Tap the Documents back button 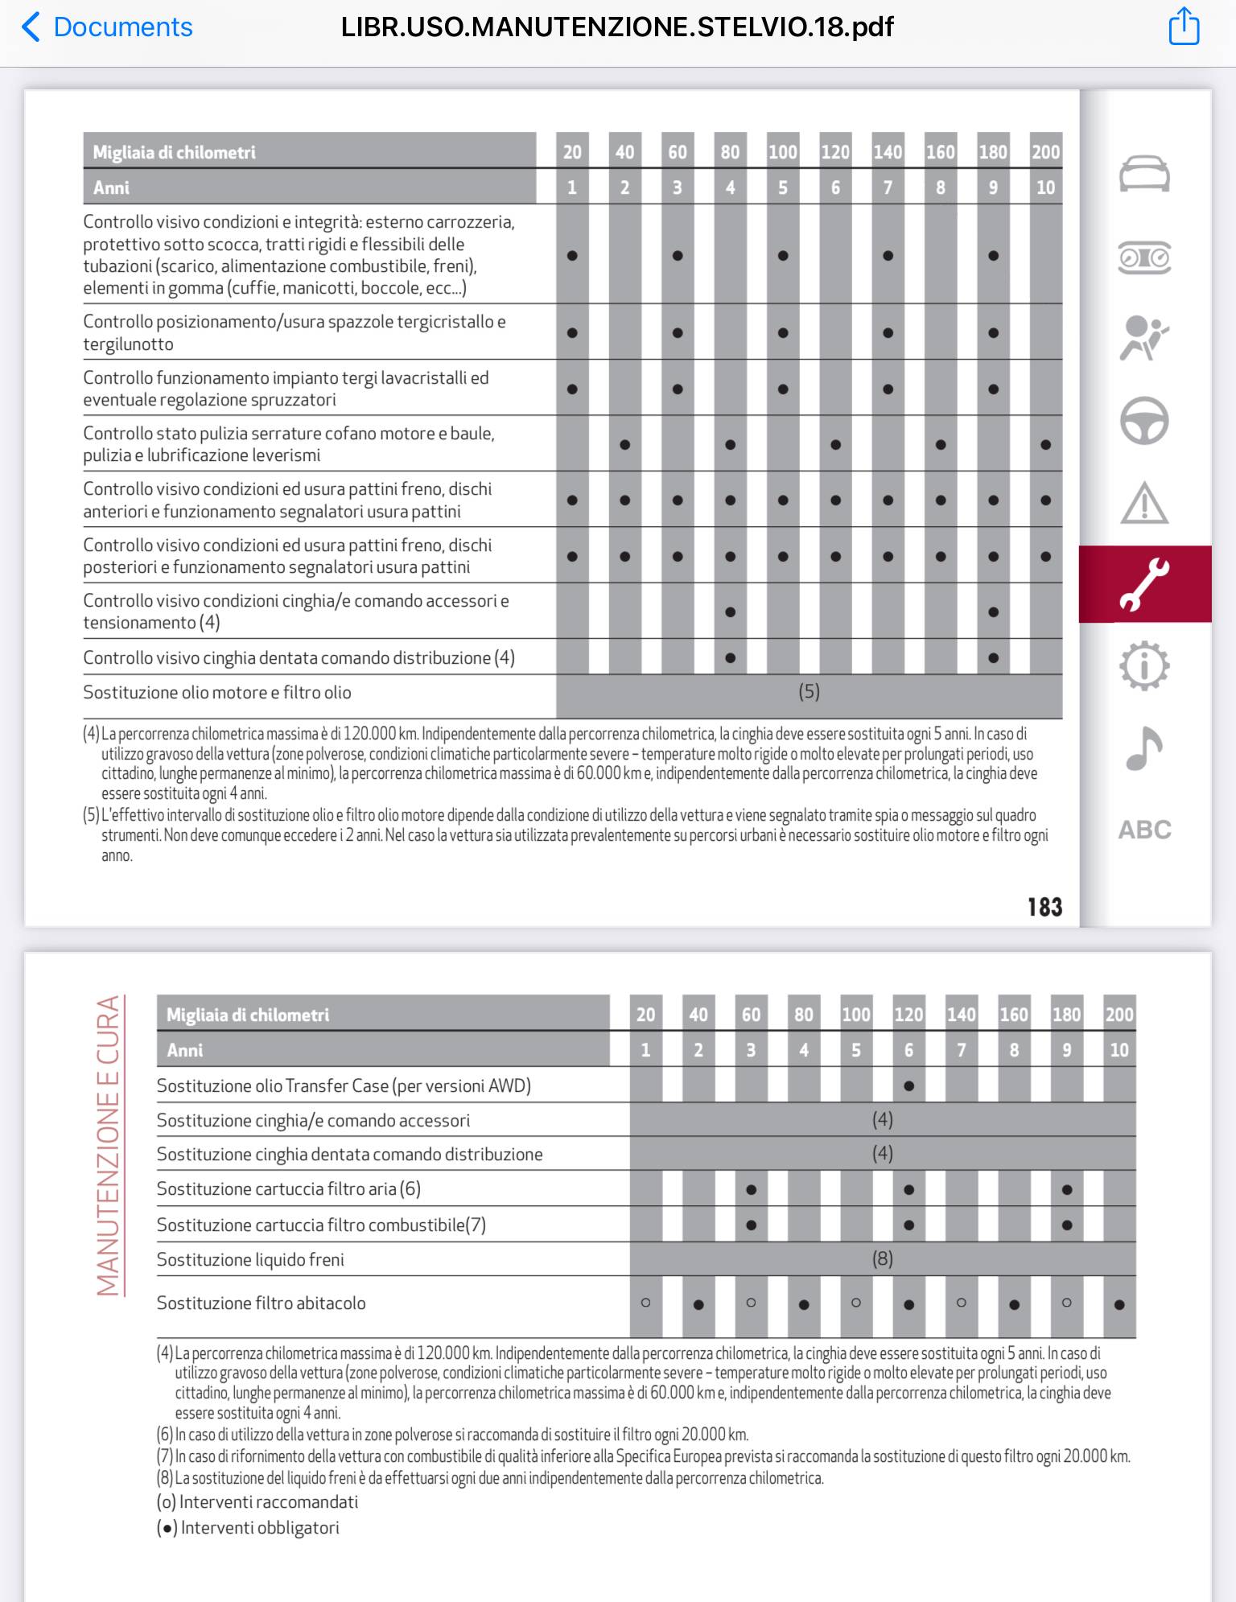coord(107,27)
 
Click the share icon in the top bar coord(1184,27)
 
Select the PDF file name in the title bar coord(617,27)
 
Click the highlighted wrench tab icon coord(1144,584)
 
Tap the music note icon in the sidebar coord(1143,748)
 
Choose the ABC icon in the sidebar coord(1144,830)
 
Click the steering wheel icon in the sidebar coord(1144,421)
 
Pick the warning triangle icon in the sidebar coord(1144,503)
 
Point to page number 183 coord(1044,907)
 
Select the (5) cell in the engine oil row coord(809,692)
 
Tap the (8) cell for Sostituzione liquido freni coord(882,1258)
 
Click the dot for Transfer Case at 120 coord(908,1085)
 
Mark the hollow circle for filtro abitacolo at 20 coord(645,1302)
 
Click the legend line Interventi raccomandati coord(257,1501)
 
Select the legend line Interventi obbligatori coord(249,1527)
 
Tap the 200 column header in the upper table coord(1045,152)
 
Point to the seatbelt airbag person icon coord(1144,339)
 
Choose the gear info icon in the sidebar coord(1144,666)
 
